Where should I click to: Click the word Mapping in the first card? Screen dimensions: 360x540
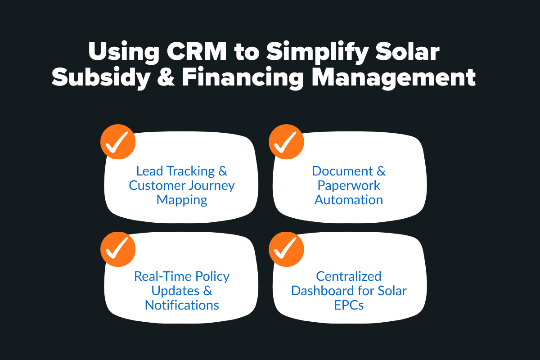[182, 200]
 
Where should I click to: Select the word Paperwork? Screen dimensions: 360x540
[348, 185]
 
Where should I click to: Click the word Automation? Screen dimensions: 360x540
[348, 200]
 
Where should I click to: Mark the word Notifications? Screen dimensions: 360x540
[182, 305]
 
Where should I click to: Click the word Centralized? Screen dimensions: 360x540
[348, 276]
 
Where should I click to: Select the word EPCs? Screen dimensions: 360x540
[348, 305]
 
